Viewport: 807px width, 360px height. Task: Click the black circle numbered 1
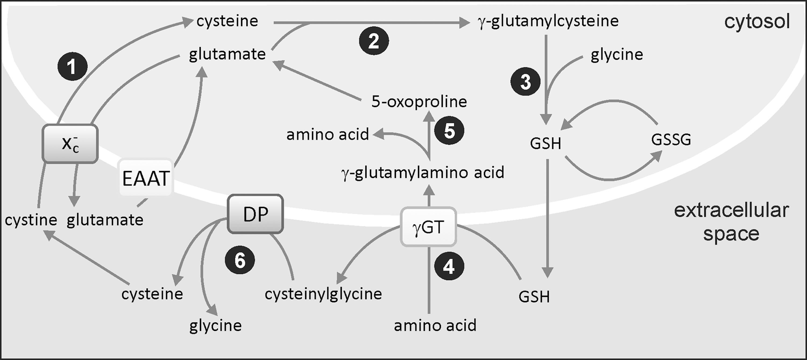[x=72, y=66]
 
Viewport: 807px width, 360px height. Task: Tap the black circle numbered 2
[x=374, y=41]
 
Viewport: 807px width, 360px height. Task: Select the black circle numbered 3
[x=525, y=82]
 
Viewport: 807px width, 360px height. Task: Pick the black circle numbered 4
[x=449, y=266]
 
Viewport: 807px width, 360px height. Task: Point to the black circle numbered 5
[x=449, y=130]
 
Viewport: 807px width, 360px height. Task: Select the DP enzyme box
[x=255, y=214]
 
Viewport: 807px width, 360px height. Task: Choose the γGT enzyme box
[x=429, y=227]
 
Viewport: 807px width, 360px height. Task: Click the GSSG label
[x=671, y=140]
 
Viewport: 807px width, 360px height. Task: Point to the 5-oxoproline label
[x=419, y=101]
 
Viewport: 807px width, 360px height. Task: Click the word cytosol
[x=757, y=22]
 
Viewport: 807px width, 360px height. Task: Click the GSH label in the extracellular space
[x=534, y=297]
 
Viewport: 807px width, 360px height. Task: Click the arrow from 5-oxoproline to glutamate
[x=317, y=81]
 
